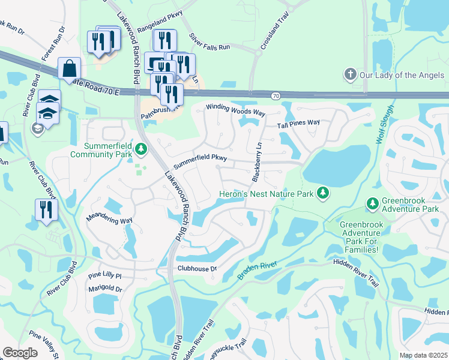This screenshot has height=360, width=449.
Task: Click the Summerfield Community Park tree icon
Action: tap(141, 148)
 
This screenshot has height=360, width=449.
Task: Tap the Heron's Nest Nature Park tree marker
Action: tap(324, 193)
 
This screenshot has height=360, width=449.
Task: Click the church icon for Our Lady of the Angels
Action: tap(350, 75)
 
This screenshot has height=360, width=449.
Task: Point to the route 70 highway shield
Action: tap(276, 95)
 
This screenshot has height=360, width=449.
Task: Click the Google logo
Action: tap(20, 353)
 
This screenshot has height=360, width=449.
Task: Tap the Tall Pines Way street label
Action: tap(298, 124)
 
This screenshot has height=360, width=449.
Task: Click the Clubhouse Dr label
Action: tap(196, 269)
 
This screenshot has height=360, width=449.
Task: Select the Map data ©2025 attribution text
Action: tap(423, 355)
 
